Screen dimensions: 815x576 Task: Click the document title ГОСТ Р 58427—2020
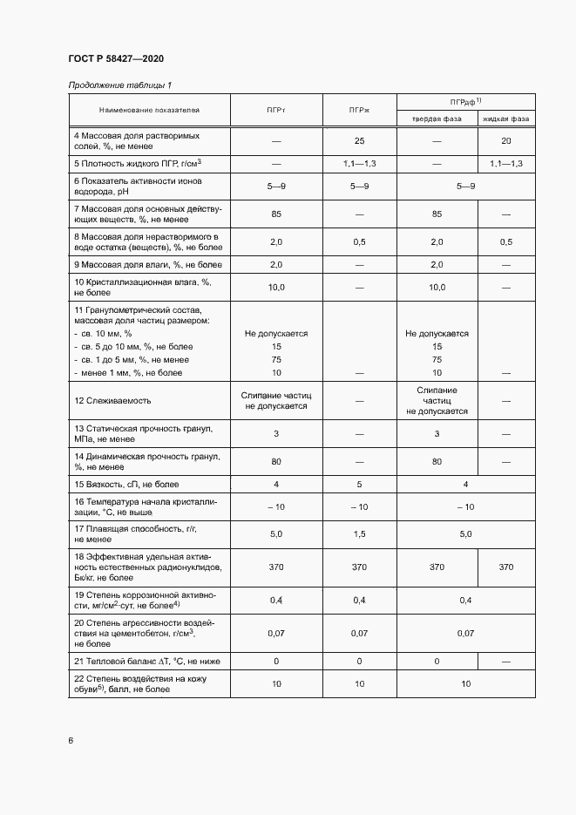[x=116, y=58]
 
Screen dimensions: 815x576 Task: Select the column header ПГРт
[x=276, y=111]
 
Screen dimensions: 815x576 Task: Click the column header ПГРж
[x=359, y=111]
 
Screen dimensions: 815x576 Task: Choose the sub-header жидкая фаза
[x=506, y=119]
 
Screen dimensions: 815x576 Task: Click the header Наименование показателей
[x=149, y=111]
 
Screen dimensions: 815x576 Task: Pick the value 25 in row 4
[x=359, y=140]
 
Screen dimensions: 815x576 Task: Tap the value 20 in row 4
[x=506, y=140]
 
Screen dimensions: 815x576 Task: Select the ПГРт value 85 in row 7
[x=276, y=214]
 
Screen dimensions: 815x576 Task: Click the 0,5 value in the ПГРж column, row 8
[x=359, y=241]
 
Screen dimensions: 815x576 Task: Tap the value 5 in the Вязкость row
[x=359, y=483]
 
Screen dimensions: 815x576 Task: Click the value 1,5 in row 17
[x=359, y=533]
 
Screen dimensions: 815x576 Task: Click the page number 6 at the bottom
[x=71, y=741]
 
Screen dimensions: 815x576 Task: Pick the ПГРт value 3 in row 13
[x=276, y=433]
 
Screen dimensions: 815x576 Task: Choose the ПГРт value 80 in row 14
[x=276, y=461]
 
